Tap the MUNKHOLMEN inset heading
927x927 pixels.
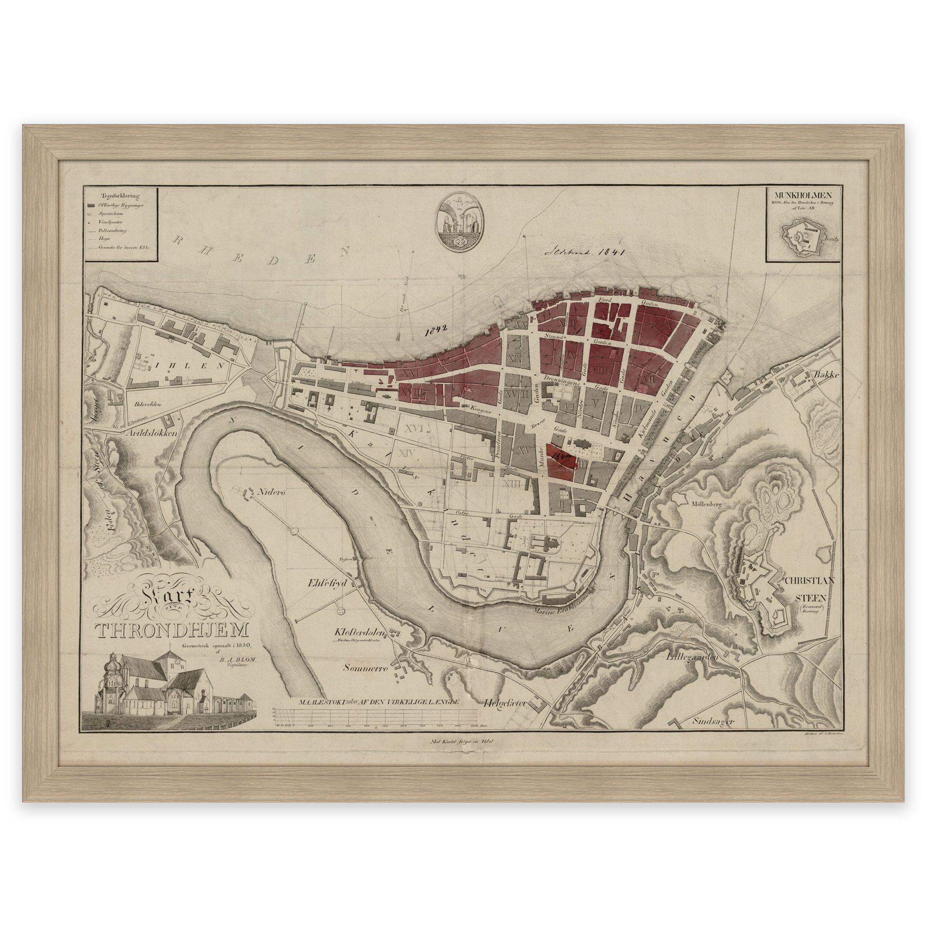[x=808, y=195]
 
